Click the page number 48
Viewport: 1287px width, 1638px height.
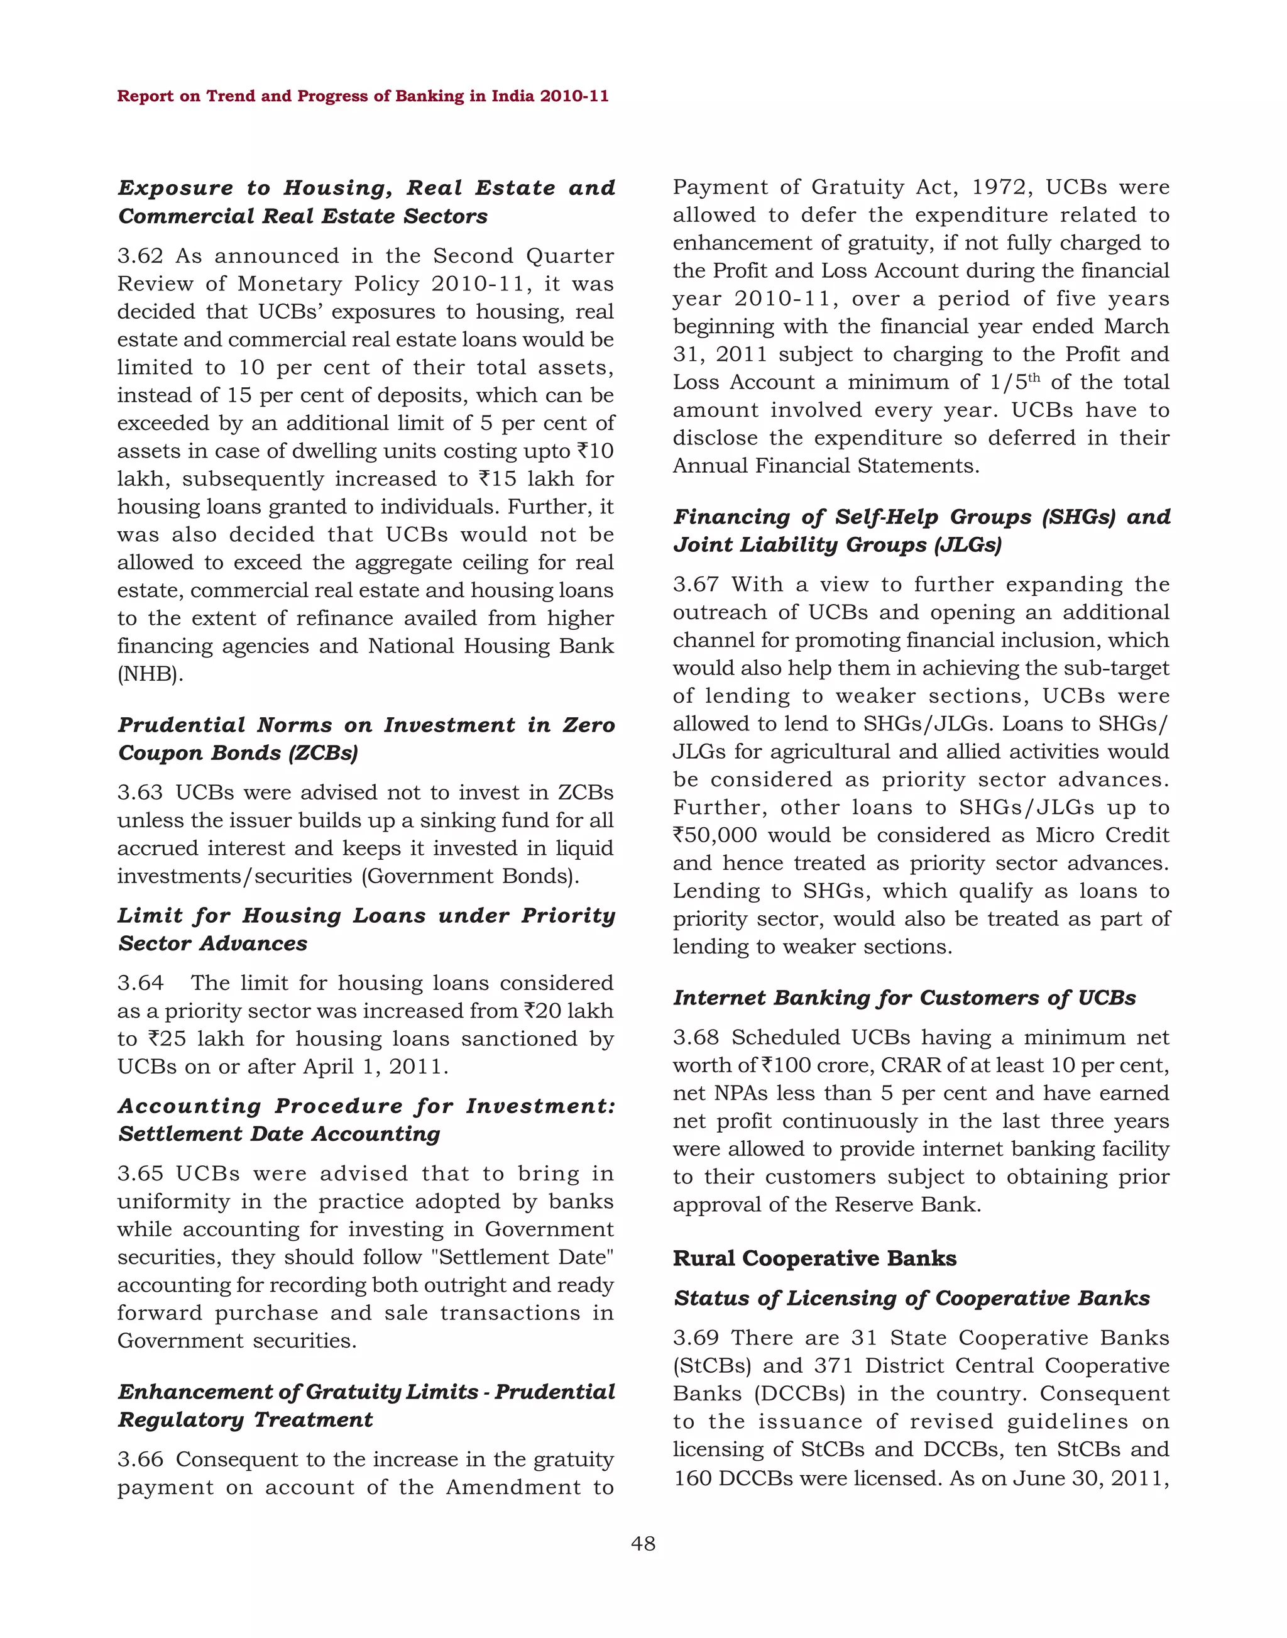click(x=643, y=1544)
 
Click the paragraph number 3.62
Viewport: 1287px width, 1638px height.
click(x=140, y=256)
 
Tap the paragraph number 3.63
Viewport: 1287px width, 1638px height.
click(x=140, y=793)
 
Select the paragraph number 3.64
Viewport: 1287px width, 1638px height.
click(x=140, y=983)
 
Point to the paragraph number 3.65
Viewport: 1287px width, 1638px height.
click(x=140, y=1174)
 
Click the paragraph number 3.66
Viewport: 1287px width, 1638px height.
click(x=140, y=1459)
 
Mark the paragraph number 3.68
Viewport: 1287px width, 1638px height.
click(x=696, y=1037)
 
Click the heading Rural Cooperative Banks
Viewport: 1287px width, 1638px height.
click(x=814, y=1258)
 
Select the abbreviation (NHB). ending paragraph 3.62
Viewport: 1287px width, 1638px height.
click(x=150, y=674)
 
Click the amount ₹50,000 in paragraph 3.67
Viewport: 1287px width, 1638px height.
click(x=715, y=835)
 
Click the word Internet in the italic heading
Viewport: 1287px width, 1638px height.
click(x=719, y=998)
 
